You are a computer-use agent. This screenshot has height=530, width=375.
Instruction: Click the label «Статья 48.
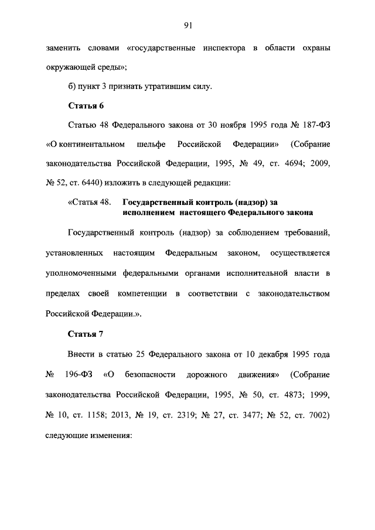point(90,202)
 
